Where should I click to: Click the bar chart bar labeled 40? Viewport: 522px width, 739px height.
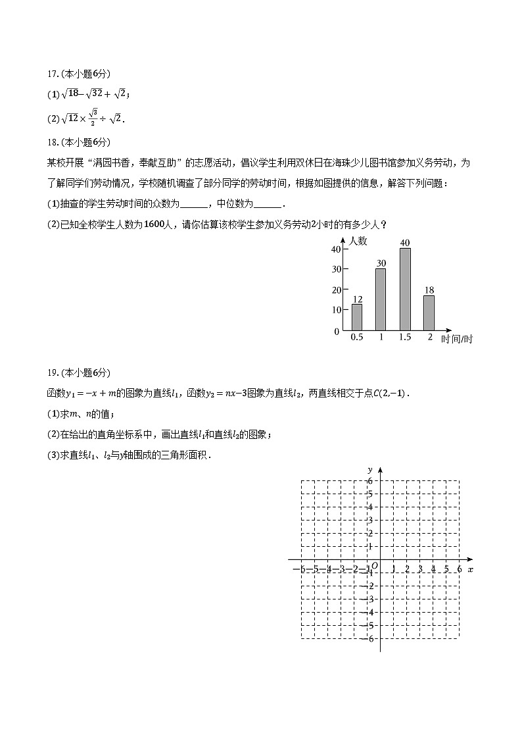point(405,289)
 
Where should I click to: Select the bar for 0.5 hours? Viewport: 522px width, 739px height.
point(357,317)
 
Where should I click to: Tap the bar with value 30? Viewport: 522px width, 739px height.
point(381,299)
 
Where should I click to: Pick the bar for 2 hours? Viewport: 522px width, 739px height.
point(429,312)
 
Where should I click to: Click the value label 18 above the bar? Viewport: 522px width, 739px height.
point(429,290)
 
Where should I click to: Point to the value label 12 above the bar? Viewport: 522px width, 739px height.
point(357,299)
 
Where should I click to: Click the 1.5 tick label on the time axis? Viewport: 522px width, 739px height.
point(405,338)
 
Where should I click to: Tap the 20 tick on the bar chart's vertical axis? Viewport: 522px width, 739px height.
point(336,290)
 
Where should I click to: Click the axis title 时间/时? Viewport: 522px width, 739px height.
point(457,339)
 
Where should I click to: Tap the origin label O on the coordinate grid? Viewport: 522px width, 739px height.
point(374,565)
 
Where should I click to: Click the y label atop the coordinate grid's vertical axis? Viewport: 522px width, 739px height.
point(371,469)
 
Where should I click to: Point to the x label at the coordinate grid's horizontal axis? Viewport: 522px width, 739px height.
point(471,569)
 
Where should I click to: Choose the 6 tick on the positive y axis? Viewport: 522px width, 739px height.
point(371,481)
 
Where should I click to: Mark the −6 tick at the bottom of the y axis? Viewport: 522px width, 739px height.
point(370,639)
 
